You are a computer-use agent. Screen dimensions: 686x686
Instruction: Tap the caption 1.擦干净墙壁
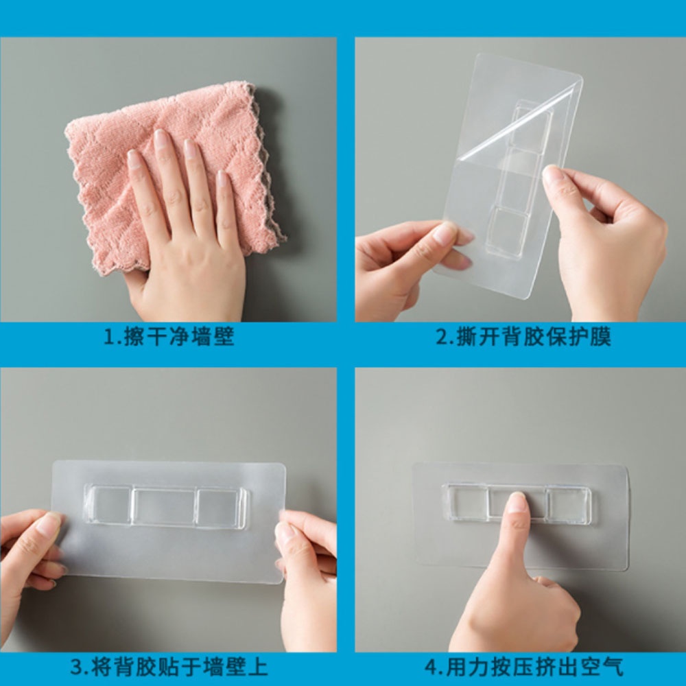pos(169,338)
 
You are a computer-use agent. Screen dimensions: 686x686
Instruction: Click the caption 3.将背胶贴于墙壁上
pos(169,666)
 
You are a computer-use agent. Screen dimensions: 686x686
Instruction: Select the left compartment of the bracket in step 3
pos(108,506)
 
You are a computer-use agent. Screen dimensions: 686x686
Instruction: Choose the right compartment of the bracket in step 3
pos(220,508)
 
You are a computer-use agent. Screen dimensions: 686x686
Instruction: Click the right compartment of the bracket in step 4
pos(569,505)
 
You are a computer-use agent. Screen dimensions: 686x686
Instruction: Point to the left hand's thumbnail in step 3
pos(49,525)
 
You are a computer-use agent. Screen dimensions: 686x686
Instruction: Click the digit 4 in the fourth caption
pos(429,667)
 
